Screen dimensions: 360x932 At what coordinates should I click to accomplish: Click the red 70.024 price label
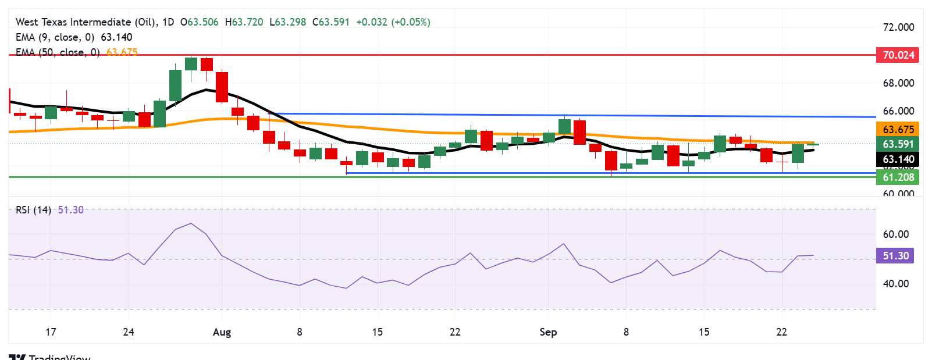(x=898, y=55)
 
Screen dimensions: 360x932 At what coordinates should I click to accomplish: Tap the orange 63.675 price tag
(x=898, y=130)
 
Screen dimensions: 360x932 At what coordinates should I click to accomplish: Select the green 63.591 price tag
(x=898, y=144)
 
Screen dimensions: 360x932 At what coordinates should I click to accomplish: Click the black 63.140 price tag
(x=898, y=159)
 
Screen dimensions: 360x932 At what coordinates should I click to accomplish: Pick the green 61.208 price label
(x=898, y=177)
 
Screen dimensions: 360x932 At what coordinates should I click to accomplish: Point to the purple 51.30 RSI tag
(x=895, y=256)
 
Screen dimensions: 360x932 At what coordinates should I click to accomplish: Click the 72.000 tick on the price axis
(x=898, y=27)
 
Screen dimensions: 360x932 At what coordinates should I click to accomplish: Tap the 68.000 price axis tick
(x=898, y=83)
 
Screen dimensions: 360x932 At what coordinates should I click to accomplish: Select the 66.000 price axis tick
(x=898, y=111)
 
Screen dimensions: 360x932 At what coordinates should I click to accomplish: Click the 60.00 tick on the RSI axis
(x=895, y=234)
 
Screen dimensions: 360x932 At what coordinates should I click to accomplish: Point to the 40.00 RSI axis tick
(x=895, y=284)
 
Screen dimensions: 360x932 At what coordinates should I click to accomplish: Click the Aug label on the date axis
(x=222, y=332)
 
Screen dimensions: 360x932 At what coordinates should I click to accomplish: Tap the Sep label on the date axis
(x=548, y=332)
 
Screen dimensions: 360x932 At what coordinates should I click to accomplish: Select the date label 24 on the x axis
(x=129, y=332)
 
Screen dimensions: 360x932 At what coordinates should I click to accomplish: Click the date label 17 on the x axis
(x=51, y=332)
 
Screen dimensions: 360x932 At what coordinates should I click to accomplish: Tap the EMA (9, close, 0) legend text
(x=55, y=37)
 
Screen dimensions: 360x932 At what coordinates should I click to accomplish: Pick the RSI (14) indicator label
(x=33, y=210)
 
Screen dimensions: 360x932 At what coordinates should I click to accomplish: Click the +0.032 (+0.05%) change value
(x=393, y=22)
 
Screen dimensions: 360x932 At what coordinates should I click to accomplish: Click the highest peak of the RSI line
(x=191, y=223)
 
